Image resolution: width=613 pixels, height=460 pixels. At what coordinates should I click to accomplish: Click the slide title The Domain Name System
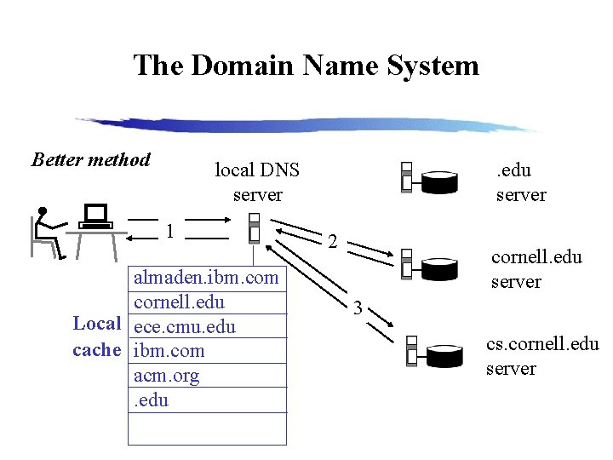(x=306, y=66)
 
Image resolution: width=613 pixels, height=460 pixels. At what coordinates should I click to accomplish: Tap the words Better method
(x=91, y=160)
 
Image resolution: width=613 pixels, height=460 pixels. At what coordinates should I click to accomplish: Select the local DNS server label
(x=257, y=181)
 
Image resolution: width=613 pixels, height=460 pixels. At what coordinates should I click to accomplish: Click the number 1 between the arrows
(x=171, y=231)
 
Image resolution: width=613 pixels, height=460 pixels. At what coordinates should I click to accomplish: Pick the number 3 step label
(x=358, y=308)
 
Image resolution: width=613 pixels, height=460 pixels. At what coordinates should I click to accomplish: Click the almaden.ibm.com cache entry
(x=206, y=278)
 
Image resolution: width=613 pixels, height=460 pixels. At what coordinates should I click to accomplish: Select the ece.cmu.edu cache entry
(x=185, y=327)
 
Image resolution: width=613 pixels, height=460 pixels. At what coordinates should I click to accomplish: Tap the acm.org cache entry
(x=167, y=376)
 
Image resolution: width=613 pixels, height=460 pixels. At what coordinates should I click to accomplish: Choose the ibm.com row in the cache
(x=169, y=351)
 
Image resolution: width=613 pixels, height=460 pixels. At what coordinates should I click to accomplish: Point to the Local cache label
(x=97, y=336)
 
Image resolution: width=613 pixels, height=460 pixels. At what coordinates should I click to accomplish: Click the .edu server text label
(x=521, y=182)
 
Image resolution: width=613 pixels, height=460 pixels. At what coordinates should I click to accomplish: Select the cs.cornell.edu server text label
(x=542, y=355)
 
